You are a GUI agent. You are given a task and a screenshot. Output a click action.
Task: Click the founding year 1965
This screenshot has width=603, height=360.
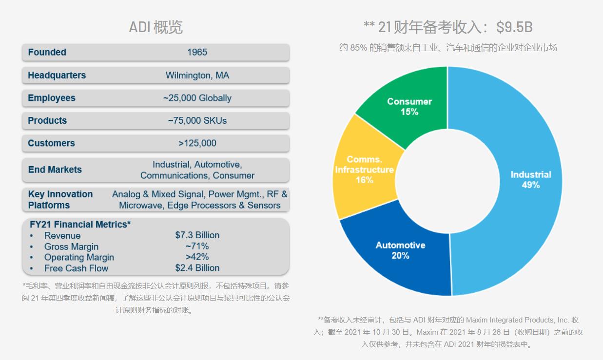pos(197,52)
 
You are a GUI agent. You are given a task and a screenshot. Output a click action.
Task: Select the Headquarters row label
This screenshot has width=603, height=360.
pos(57,75)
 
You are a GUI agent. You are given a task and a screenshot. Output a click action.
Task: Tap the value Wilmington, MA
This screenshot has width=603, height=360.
pos(197,75)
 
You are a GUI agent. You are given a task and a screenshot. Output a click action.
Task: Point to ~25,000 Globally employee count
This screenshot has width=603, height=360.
pos(197,98)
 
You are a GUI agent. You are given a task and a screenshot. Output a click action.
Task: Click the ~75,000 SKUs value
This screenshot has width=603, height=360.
pos(197,120)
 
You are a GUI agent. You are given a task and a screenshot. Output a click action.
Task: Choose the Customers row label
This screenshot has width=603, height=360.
pos(51,143)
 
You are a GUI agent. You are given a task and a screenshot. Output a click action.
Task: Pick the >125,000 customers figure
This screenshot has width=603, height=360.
pos(197,143)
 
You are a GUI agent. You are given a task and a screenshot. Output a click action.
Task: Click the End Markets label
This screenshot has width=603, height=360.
pos(55,170)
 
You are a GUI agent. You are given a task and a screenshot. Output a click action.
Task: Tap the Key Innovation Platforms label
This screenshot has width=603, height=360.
pos(60,200)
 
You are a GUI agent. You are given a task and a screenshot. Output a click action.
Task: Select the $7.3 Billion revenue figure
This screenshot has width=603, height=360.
pos(197,235)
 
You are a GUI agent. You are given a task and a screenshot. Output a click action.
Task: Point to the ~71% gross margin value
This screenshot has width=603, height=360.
pos(197,246)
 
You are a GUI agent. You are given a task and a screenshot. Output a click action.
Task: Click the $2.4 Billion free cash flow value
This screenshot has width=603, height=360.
pos(197,268)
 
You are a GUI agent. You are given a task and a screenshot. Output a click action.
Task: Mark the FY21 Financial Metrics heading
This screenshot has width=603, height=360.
pos(80,225)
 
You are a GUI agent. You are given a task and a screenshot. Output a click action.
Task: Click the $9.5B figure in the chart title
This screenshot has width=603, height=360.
pos(514,27)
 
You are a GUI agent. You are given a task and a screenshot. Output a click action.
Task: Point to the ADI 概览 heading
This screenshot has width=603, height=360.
pos(156,27)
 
